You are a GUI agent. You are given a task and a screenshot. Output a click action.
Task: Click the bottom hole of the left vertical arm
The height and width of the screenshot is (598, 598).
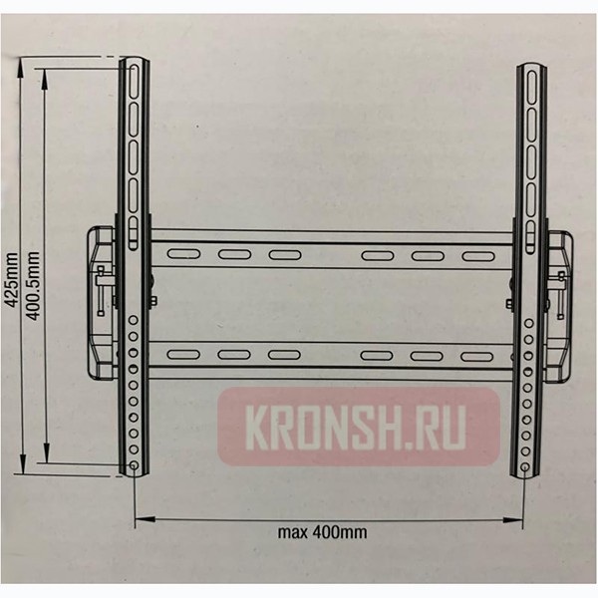(x=135, y=466)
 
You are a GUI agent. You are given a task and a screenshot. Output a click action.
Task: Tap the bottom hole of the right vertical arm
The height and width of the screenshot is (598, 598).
(x=526, y=466)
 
